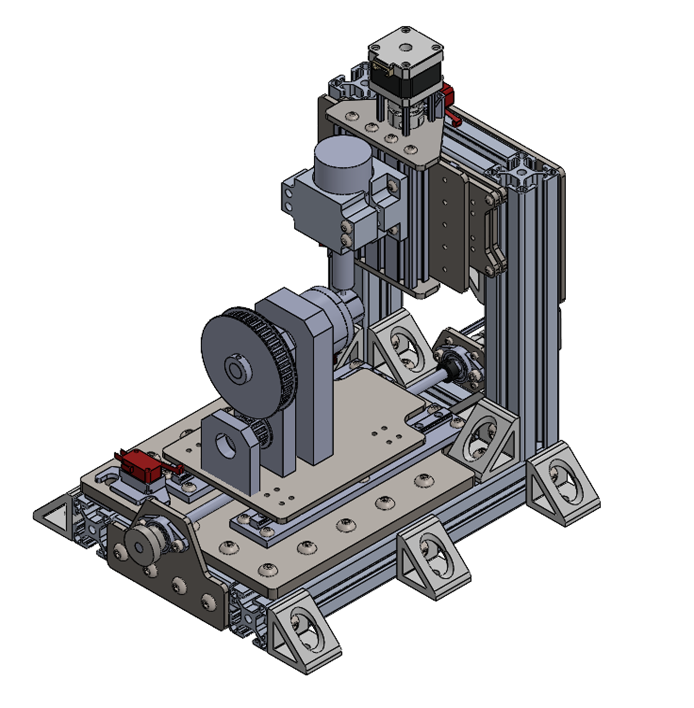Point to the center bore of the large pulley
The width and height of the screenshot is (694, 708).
233,368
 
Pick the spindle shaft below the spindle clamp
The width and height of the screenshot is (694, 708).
342,270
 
